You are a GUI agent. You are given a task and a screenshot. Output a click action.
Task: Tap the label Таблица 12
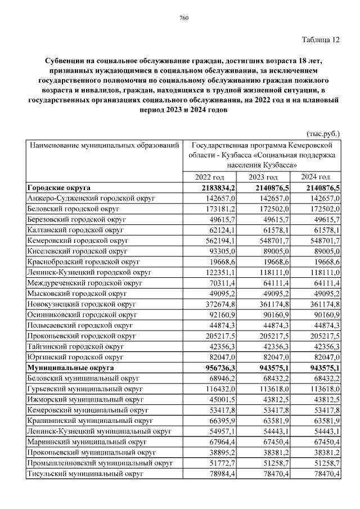click(321, 39)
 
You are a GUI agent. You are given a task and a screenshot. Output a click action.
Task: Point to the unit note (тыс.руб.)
click(322, 134)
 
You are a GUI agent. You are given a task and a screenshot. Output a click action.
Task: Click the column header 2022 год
click(209, 177)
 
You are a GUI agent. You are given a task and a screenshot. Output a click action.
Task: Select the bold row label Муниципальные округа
click(68, 368)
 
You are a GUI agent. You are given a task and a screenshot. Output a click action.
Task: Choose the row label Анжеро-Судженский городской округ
click(91, 199)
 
